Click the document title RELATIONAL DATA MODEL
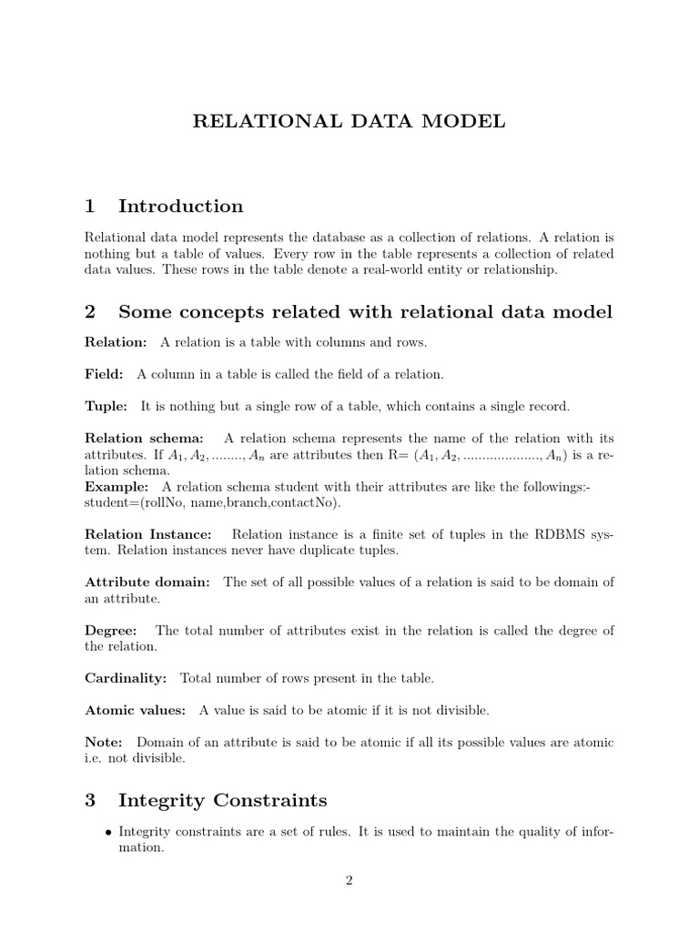[349, 122]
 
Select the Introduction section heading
[180, 206]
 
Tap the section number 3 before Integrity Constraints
[90, 800]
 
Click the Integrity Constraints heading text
[222, 800]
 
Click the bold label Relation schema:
[144, 438]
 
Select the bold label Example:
[116, 487]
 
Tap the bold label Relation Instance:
[148, 534]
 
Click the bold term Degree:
[111, 630]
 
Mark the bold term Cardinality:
[126, 678]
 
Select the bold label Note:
[103, 742]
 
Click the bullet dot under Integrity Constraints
[109, 832]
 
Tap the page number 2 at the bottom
[349, 879]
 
